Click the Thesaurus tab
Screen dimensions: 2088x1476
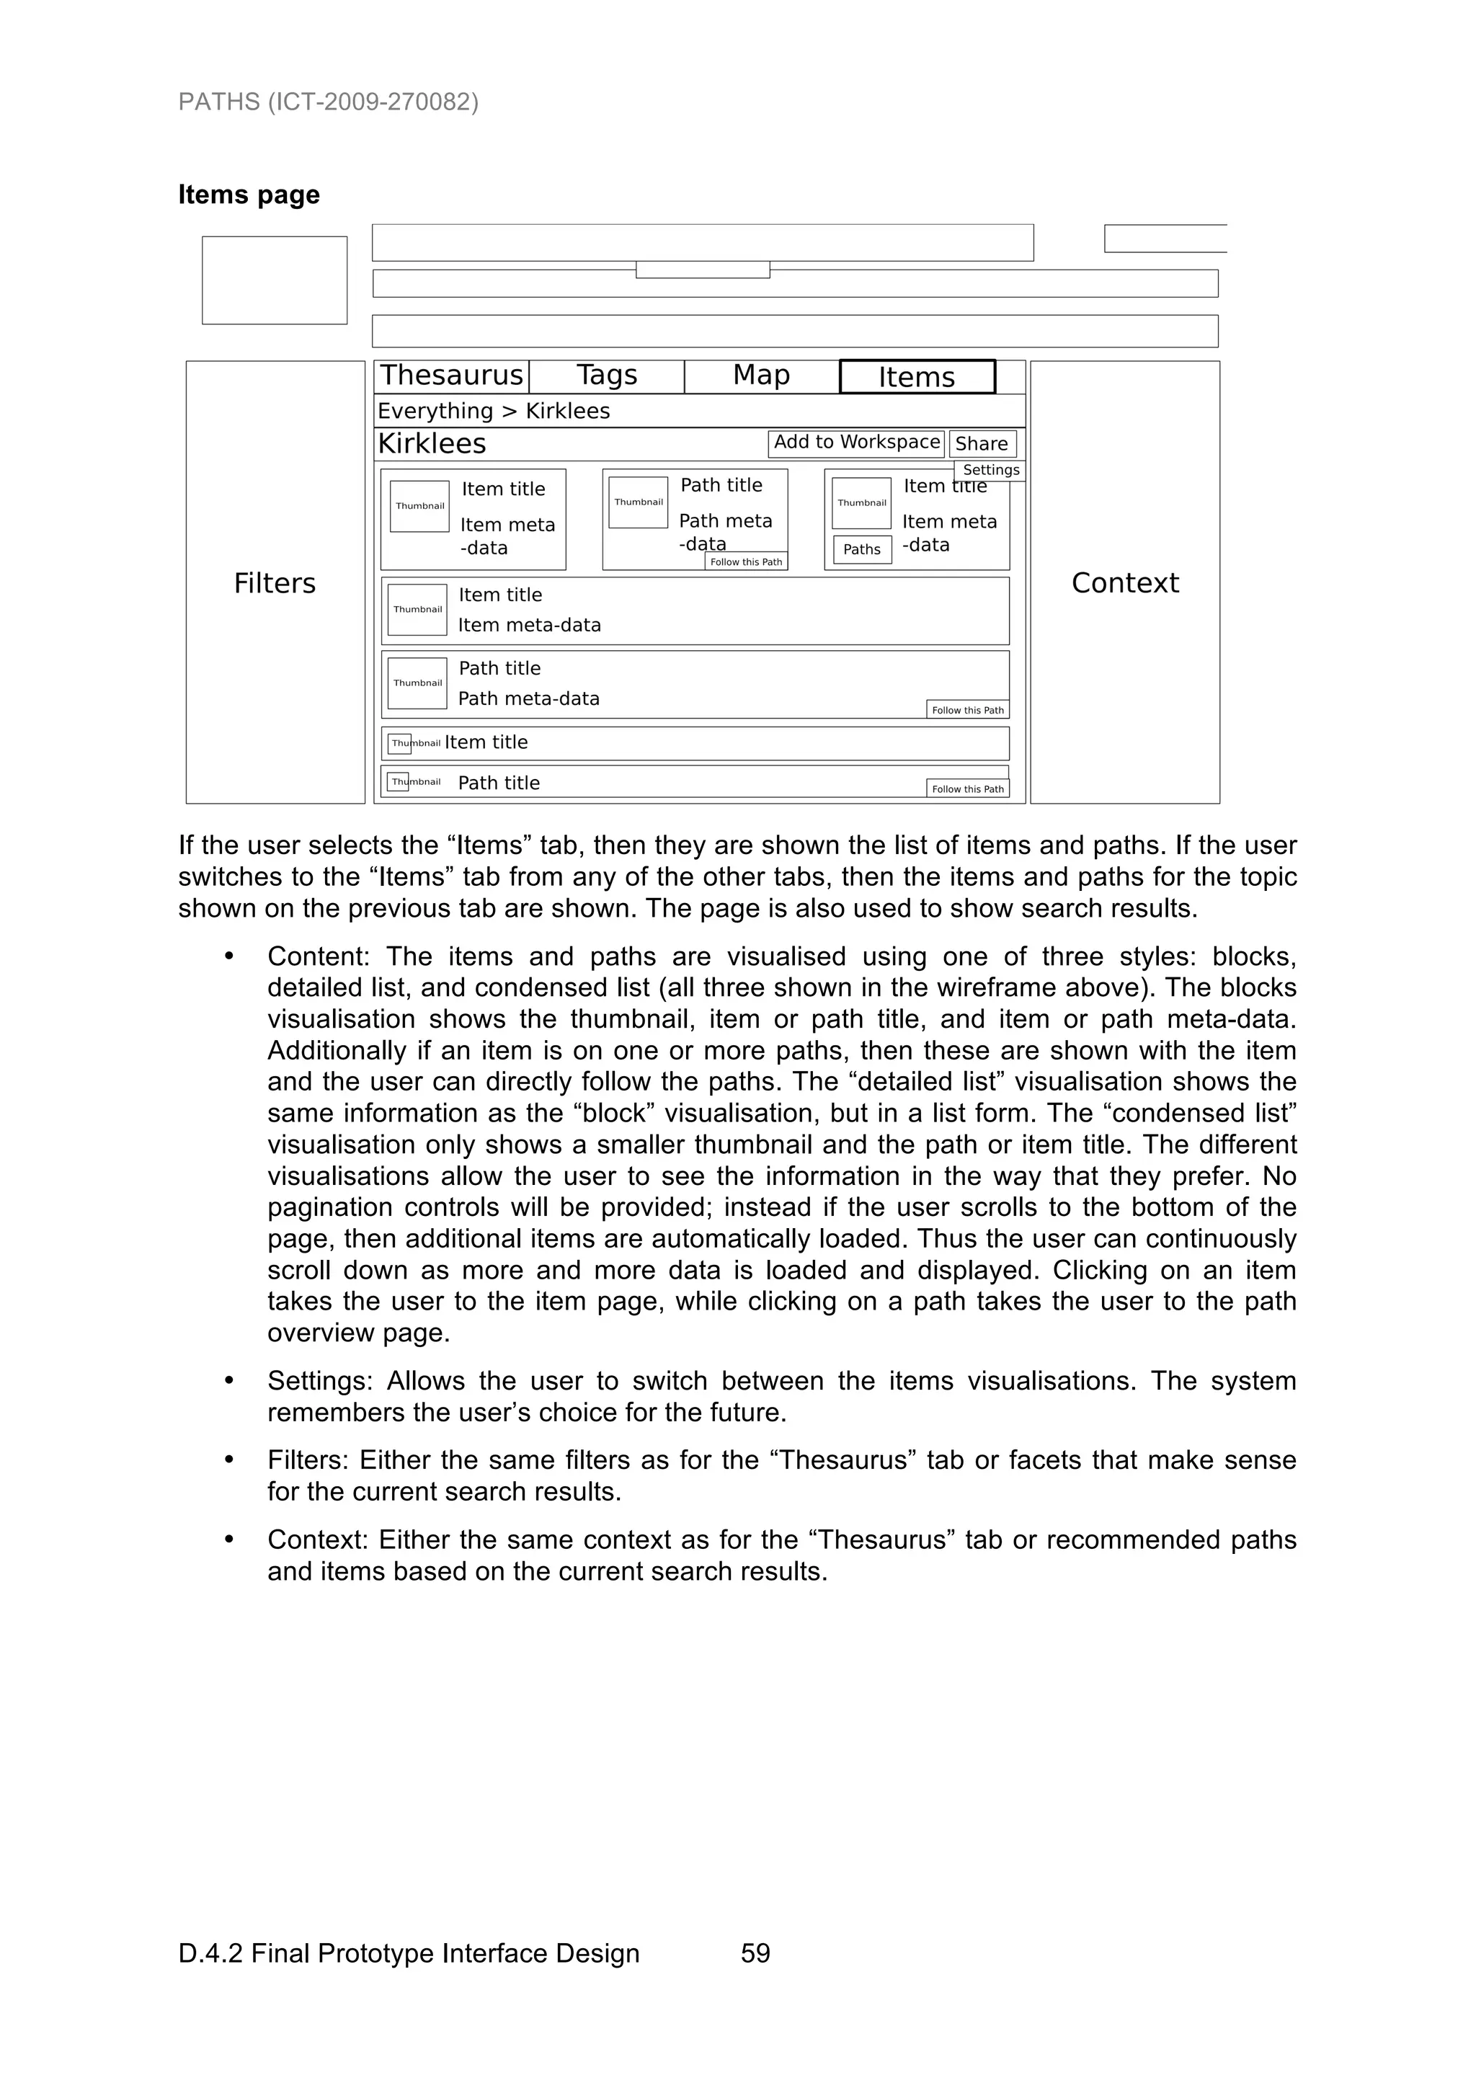point(451,376)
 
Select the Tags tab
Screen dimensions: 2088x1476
point(607,376)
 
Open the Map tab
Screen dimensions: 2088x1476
point(761,376)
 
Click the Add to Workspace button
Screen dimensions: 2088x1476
point(855,443)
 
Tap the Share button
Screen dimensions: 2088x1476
point(982,445)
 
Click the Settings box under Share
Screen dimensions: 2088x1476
point(990,470)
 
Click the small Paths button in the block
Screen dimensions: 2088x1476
point(861,549)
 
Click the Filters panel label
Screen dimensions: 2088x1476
point(275,583)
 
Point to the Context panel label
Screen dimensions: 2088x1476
point(1124,583)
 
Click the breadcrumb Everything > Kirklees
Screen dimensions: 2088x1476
point(494,411)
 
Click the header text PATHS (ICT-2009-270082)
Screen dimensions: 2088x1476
point(329,102)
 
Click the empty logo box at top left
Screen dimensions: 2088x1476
point(275,280)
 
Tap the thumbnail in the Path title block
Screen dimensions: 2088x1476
point(638,502)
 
